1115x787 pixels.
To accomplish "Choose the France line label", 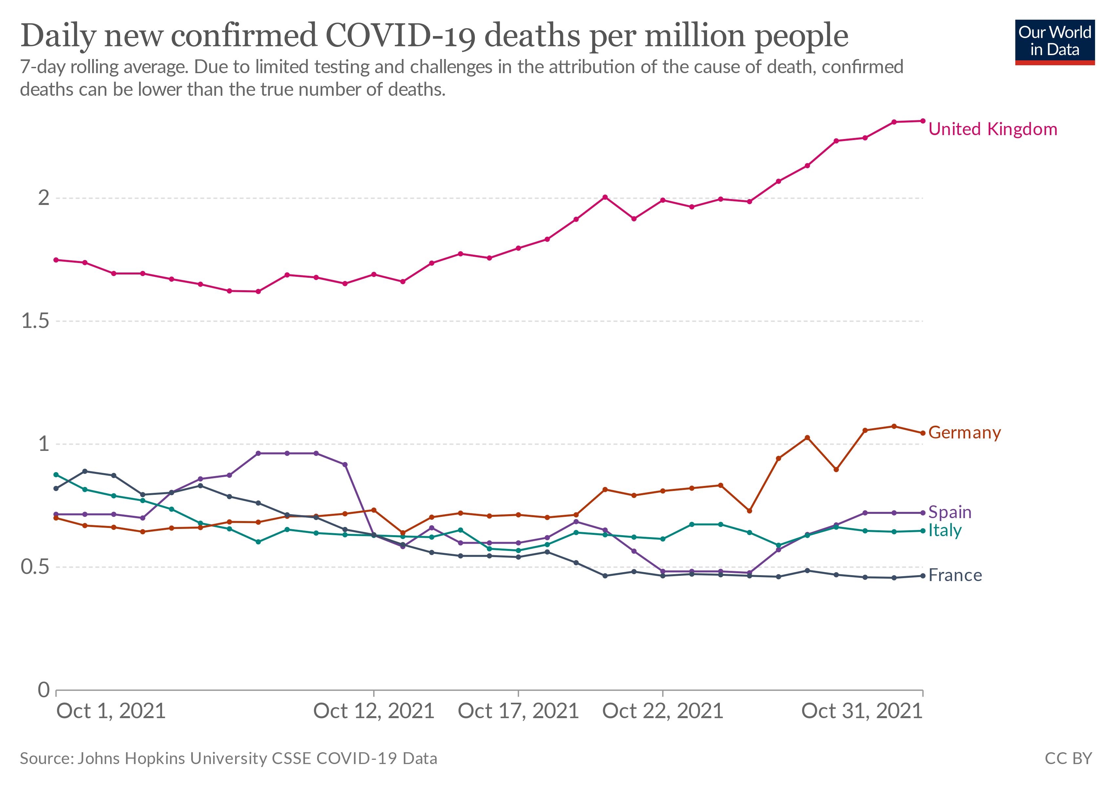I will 955,575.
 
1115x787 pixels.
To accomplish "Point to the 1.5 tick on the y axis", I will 35,321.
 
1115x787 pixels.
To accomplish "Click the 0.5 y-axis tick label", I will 35,567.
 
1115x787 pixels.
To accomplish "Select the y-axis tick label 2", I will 44,198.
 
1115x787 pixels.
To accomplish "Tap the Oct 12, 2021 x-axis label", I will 374,711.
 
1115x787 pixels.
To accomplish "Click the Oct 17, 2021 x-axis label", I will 518,711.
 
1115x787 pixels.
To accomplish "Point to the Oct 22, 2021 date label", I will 662,711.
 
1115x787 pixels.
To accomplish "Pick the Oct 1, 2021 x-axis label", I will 111,711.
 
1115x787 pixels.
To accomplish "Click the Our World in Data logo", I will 1054,42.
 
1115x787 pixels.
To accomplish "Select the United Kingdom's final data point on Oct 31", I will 923,121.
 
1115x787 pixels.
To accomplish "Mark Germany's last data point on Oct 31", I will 923,433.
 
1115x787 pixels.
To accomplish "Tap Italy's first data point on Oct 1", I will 56,474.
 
